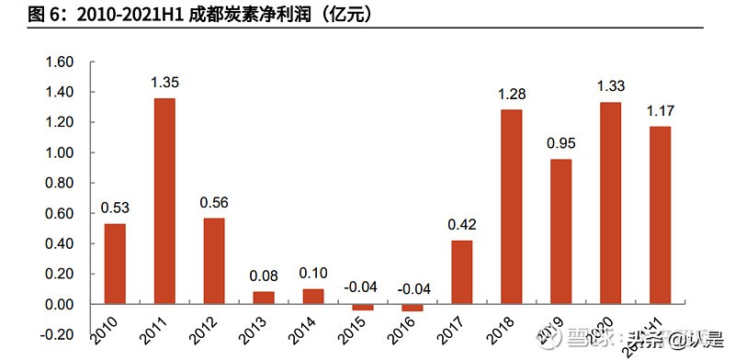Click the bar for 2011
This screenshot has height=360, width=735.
[x=164, y=200]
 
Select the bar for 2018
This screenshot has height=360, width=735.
[x=511, y=206]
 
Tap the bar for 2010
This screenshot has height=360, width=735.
[x=115, y=264]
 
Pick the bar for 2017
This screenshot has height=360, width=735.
[x=462, y=272]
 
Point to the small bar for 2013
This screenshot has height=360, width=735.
[x=264, y=298]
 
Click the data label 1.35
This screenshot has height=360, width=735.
[x=165, y=83]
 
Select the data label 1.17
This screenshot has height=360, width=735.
[x=660, y=110]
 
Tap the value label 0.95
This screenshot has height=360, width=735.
[x=560, y=143]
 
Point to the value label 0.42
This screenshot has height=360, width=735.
[x=462, y=224]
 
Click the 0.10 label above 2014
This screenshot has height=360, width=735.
[x=313, y=273]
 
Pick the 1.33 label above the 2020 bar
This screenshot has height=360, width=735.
[x=610, y=86]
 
